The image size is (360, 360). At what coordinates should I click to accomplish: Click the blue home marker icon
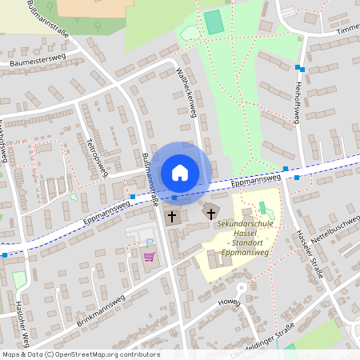tap(180, 173)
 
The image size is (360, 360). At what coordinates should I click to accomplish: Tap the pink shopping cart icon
tap(148, 256)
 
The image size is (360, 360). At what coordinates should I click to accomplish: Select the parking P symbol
tap(149, 242)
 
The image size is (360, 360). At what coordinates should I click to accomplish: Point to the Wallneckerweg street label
tap(186, 92)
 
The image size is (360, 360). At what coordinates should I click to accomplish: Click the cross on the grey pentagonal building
tap(211, 214)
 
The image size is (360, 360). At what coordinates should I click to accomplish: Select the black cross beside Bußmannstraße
tap(171, 216)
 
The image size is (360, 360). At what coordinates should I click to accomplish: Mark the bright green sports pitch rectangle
tap(214, 22)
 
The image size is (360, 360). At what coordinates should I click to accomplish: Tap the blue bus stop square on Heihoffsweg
tap(298, 68)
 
